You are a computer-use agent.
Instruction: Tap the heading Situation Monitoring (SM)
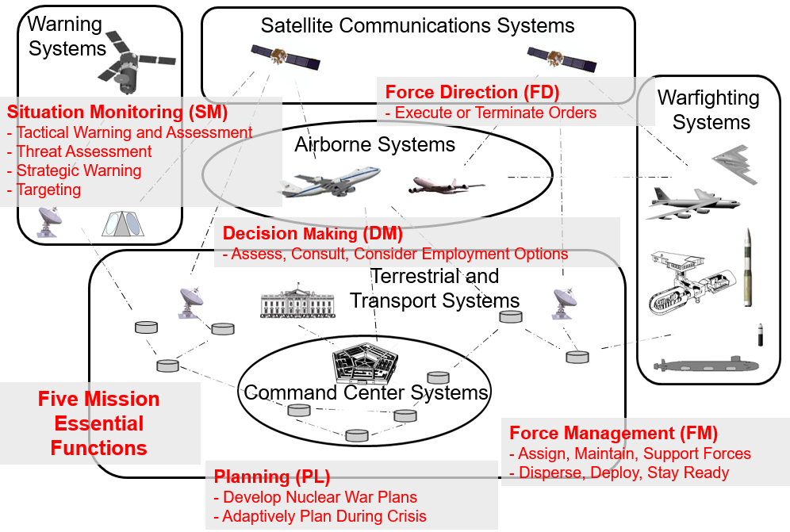(117, 112)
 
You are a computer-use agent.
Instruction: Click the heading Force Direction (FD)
(472, 92)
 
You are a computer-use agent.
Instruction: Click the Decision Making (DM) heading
(313, 234)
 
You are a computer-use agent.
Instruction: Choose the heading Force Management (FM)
(613, 434)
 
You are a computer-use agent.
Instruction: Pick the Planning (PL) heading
(271, 477)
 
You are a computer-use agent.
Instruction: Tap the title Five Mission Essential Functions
(99, 423)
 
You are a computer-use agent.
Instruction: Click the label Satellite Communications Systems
(417, 26)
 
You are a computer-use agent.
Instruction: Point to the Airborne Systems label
(374, 145)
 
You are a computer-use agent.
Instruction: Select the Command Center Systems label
(366, 392)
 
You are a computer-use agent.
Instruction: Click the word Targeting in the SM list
(48, 189)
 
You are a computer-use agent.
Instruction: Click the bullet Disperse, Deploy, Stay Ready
(623, 473)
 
